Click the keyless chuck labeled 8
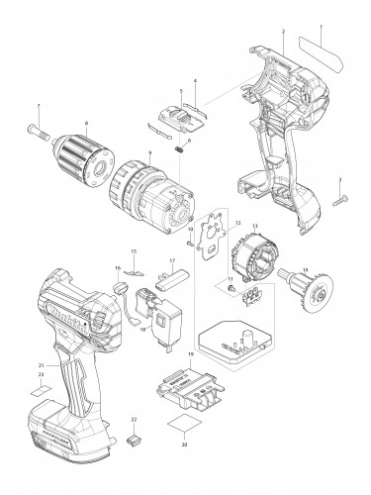pyautogui.click(x=85, y=154)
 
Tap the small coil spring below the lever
pyautogui.click(x=180, y=149)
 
